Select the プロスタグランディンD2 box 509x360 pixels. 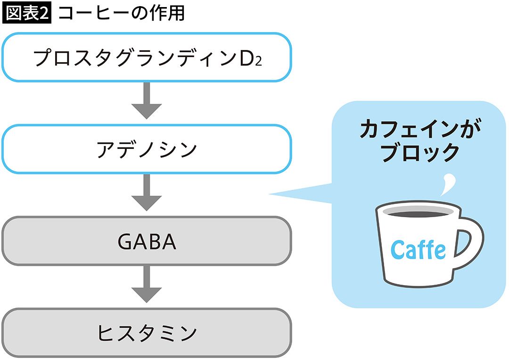tap(146, 57)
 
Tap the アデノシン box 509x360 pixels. tap(146, 149)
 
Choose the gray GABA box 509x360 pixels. tap(146, 241)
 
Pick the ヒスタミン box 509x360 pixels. tap(146, 333)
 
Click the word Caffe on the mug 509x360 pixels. tap(418, 249)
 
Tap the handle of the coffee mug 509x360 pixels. tap(471, 240)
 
